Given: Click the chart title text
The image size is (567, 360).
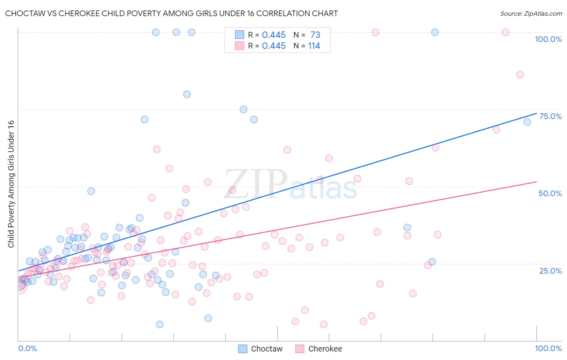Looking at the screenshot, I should click(171, 13).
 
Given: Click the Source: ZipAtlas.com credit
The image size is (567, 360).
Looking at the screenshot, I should click(531, 13).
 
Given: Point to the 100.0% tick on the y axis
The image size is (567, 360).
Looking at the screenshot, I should click(548, 39).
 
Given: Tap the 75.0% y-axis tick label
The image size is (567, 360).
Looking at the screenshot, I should click(550, 116).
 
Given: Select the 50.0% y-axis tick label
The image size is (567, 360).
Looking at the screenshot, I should click(550, 193).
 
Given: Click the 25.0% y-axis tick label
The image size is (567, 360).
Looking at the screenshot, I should click(550, 270).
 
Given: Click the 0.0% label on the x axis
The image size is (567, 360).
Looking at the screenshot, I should click(27, 348).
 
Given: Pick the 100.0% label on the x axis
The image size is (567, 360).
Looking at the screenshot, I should click(548, 348).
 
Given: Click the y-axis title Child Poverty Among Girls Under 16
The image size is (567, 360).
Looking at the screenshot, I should click(11, 184).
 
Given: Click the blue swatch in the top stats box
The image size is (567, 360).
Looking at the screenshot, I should click(240, 35).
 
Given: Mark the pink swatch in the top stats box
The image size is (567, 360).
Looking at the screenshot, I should click(240, 46).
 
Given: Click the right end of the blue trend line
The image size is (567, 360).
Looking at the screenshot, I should click(536, 113).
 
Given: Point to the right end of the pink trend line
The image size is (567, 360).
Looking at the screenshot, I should click(536, 182).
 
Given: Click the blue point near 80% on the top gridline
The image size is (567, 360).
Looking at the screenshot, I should click(435, 32).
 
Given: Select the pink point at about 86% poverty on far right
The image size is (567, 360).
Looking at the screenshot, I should click(520, 75).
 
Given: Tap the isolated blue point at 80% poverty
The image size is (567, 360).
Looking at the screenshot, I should click(187, 94).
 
